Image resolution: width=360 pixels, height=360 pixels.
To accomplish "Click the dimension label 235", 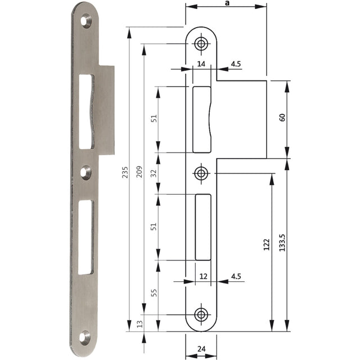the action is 125,173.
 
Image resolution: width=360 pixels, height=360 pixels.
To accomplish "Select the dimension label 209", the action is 139,172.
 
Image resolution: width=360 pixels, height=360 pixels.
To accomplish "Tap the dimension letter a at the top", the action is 227,3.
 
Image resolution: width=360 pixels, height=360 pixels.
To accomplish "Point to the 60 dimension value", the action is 282,118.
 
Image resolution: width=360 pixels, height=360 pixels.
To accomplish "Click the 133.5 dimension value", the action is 282,242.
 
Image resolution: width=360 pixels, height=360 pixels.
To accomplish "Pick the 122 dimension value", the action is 266,245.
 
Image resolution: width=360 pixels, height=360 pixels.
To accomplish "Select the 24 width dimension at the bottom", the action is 201,349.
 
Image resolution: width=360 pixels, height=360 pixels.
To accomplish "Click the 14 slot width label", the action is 201,64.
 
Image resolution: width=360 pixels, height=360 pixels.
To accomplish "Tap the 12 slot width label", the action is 204,276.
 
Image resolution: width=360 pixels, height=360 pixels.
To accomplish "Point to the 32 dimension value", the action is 154,173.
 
